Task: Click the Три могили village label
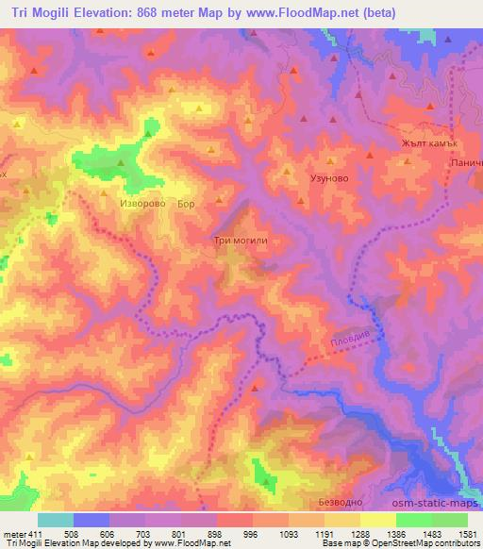(x=242, y=240)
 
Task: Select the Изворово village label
(x=143, y=203)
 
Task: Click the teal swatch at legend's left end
(x=55, y=520)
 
